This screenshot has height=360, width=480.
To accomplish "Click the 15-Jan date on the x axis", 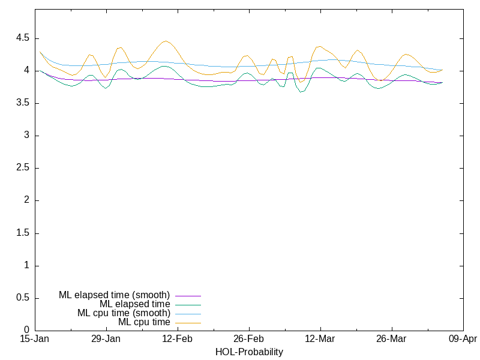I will coord(35,340).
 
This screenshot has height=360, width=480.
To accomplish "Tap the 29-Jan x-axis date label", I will coord(106,340).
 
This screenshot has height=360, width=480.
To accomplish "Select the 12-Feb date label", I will coord(178,340).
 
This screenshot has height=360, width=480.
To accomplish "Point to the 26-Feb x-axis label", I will coord(249,340).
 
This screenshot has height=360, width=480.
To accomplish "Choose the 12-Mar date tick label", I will coord(320,340).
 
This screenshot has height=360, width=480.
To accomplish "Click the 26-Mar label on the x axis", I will coord(391,340).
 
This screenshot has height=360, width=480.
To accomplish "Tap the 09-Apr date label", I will coord(463,340).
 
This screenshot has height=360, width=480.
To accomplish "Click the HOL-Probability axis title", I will coord(249,352).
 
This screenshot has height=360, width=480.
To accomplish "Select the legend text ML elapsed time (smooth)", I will coord(114,295).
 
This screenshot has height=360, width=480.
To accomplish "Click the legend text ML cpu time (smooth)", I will coord(124,313).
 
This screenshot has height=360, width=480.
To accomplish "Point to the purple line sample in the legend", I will coord(188,296).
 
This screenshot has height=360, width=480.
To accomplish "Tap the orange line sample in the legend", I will coord(188,323).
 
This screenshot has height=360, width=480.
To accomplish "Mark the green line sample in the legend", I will coord(188,305).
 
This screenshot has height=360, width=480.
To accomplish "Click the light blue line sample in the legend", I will coord(188,314).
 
